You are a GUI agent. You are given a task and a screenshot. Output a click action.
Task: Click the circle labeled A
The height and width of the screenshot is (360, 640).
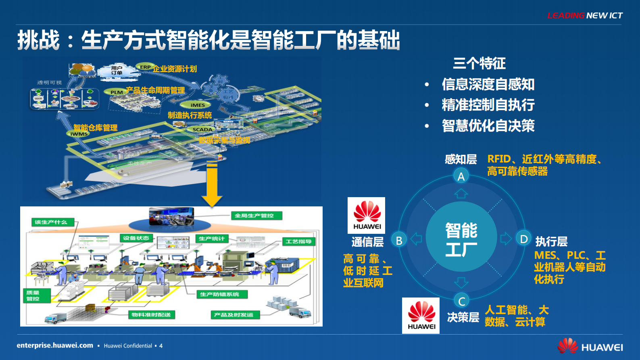point(461,176)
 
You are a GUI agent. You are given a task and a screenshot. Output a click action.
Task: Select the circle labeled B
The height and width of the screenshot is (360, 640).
point(399,240)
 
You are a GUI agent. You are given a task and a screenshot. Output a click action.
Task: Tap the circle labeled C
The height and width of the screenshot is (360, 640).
point(461,301)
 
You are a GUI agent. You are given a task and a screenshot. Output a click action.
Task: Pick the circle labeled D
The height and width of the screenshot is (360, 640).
point(523,239)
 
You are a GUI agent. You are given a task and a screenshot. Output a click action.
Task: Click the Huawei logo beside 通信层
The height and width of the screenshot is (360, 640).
point(367,215)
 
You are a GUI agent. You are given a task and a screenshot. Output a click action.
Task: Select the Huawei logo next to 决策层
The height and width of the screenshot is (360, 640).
point(421,316)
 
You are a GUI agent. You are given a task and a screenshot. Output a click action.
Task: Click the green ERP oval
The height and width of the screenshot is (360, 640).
point(145,67)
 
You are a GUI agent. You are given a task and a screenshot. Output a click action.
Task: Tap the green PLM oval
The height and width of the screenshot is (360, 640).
point(117,92)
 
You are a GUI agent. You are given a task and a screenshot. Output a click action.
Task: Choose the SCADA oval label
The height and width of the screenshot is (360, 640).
point(202,129)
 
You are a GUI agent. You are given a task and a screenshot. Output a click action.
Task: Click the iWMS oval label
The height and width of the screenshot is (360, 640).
point(79,134)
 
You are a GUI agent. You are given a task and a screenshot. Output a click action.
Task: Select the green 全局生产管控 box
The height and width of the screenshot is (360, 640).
point(256,216)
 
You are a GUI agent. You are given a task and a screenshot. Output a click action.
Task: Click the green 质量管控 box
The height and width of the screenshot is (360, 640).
point(36,295)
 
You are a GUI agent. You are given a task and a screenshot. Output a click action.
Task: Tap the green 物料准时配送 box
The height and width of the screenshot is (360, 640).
point(151,314)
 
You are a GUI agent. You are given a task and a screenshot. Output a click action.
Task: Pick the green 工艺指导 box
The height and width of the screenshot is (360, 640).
point(298,241)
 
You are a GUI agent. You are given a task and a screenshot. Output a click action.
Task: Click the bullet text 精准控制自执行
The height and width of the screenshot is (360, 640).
point(488,105)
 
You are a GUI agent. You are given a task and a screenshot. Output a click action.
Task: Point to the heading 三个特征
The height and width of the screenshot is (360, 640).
point(479,63)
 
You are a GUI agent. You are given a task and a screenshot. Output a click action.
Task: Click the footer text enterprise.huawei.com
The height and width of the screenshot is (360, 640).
point(55,345)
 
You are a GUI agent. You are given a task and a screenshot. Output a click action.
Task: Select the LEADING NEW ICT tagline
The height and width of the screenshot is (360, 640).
point(585,16)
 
